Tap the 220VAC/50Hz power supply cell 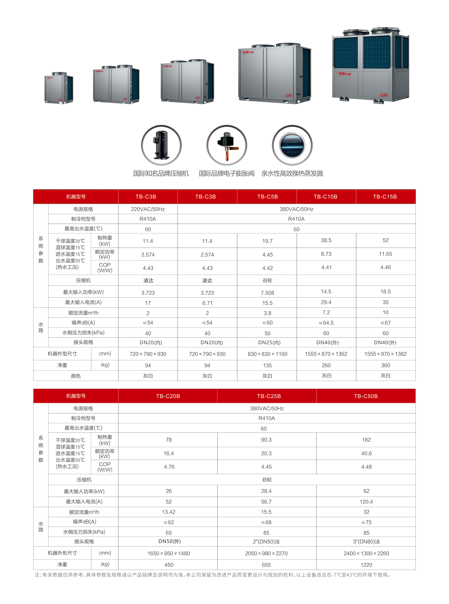(x=148, y=209)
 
